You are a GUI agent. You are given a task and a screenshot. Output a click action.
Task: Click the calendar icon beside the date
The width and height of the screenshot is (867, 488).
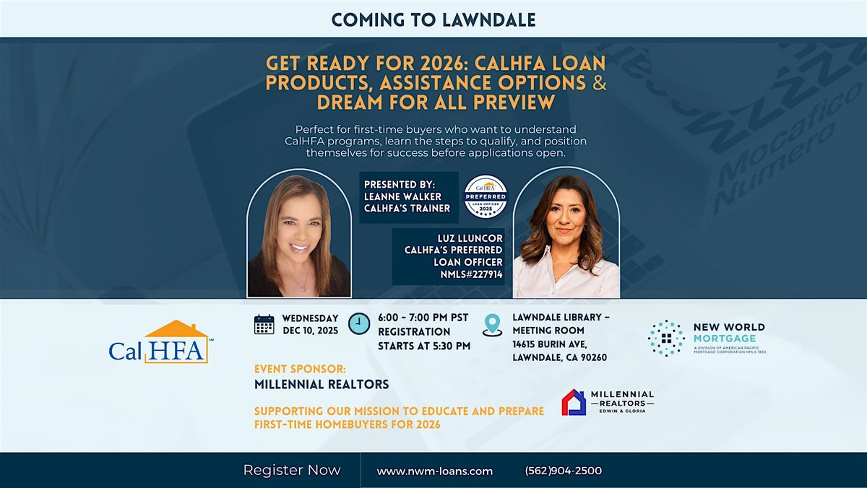(264, 324)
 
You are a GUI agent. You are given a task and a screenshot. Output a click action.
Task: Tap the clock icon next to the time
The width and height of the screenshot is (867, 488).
(359, 324)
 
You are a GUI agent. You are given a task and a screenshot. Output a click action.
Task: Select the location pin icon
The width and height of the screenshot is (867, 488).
(493, 324)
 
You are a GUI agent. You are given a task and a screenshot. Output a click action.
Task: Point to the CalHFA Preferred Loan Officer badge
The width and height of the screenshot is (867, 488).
(485, 196)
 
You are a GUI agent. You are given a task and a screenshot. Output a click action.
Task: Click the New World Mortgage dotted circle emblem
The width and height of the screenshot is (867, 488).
(666, 338)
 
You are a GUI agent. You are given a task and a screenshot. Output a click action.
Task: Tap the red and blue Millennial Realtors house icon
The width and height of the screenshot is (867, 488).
(574, 402)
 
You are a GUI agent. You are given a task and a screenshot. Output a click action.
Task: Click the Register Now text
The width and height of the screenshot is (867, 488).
(292, 470)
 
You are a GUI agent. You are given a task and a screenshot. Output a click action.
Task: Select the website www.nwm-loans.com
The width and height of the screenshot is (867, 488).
(435, 471)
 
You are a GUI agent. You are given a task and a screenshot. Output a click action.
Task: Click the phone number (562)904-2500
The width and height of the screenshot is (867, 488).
(564, 471)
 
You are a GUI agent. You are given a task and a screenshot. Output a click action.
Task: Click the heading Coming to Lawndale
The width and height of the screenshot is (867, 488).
(433, 19)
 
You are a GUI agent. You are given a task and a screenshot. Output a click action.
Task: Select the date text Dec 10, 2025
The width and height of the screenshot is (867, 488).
(309, 331)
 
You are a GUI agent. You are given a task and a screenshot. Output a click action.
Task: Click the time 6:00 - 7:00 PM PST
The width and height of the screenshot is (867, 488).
(423, 318)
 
